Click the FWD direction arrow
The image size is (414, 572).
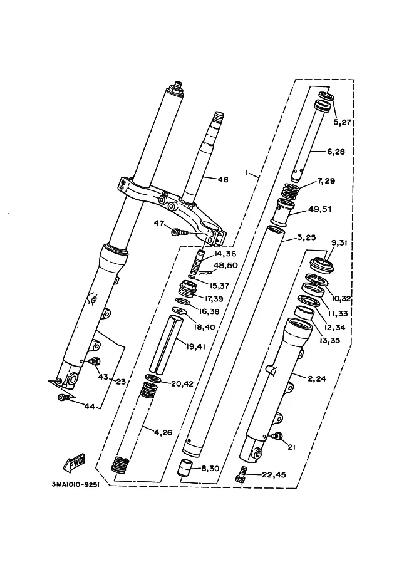74,462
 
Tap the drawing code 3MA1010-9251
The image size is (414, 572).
76,484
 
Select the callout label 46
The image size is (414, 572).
222,179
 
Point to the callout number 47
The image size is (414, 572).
159,223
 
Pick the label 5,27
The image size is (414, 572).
342,122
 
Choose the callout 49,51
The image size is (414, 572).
320,209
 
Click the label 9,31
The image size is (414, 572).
339,243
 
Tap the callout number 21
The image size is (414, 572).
291,447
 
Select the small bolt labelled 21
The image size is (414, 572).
279,435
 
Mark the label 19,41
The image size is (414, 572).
195,346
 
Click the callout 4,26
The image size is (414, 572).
163,433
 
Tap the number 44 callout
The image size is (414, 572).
89,407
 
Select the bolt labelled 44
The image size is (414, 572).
63,397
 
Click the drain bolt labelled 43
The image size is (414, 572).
95,361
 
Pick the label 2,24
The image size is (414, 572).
317,378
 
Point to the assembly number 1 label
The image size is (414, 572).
247,172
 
